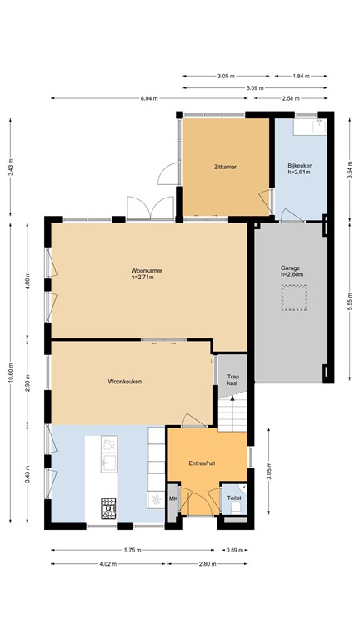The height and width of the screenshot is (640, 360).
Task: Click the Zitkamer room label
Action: (225, 167)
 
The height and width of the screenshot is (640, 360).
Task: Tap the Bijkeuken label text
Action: (300, 166)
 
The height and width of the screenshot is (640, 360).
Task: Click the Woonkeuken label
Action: (125, 382)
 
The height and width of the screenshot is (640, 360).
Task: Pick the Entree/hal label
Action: (202, 463)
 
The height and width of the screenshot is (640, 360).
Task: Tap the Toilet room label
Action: (234, 498)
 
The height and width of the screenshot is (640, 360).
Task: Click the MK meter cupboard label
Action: (173, 498)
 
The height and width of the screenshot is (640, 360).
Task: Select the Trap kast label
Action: (232, 380)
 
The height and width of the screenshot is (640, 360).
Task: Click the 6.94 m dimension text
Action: (149, 98)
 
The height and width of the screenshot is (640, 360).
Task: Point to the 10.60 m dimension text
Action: (10, 371)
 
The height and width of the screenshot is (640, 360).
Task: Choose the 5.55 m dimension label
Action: (350, 301)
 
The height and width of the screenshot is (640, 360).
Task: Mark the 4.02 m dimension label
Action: (108, 564)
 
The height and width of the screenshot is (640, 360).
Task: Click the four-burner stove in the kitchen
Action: (108, 508)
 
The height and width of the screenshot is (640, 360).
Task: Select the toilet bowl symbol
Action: (236, 508)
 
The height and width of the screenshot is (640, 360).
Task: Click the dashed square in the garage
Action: (294, 297)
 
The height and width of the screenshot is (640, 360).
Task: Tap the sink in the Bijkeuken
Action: (319, 127)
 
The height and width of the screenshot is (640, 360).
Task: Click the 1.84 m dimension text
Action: (301, 76)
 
